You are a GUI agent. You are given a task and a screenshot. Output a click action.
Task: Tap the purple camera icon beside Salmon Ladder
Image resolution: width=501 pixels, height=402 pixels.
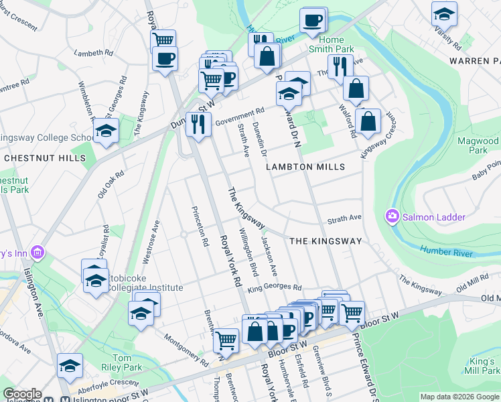(x=390, y=216)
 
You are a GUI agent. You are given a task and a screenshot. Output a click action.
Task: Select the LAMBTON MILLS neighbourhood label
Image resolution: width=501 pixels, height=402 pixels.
(x=305, y=167)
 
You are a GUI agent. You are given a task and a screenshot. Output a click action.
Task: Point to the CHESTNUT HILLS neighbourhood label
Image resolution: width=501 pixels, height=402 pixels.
(x=45, y=158)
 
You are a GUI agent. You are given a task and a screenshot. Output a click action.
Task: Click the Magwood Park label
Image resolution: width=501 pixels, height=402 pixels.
(x=478, y=145)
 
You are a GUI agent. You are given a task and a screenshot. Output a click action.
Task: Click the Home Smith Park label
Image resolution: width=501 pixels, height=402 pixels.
(x=331, y=44)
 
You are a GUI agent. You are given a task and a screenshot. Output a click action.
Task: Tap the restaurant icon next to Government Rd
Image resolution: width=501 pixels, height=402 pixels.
(x=198, y=124)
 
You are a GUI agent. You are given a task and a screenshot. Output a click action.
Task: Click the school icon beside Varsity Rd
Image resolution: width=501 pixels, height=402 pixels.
(x=444, y=13)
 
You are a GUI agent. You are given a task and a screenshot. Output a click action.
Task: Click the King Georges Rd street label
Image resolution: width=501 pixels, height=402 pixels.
(x=275, y=289)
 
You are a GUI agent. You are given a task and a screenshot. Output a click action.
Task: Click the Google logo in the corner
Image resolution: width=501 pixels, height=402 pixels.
(x=22, y=394)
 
